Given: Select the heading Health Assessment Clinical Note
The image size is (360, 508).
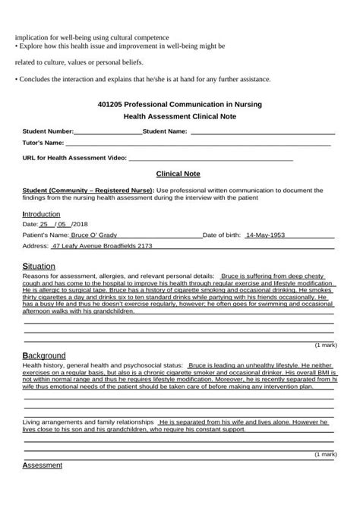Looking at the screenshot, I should (x=180, y=116).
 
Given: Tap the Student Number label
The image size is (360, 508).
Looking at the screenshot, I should (x=48, y=131).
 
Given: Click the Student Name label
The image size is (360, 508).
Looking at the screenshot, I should (x=165, y=131).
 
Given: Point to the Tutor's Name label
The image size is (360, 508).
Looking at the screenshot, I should (x=43, y=143).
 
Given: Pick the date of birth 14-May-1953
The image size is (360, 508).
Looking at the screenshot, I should (x=265, y=235).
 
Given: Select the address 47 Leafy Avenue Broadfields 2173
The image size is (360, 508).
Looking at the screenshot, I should (x=102, y=246).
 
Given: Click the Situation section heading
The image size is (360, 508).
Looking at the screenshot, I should (x=39, y=267).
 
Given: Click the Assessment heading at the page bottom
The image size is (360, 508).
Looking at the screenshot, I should (x=43, y=465).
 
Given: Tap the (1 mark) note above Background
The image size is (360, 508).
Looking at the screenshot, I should (x=325, y=345).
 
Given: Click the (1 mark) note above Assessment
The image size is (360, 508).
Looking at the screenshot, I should (x=325, y=454).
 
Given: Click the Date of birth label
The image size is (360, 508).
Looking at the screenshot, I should (x=222, y=235).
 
